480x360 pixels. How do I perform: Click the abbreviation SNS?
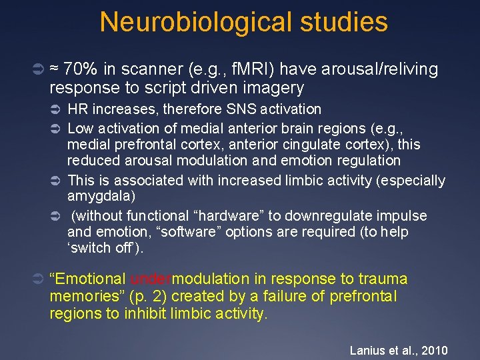click(x=245, y=109)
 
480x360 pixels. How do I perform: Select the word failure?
click(x=301, y=296)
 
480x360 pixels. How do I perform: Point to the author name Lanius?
click(x=367, y=351)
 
